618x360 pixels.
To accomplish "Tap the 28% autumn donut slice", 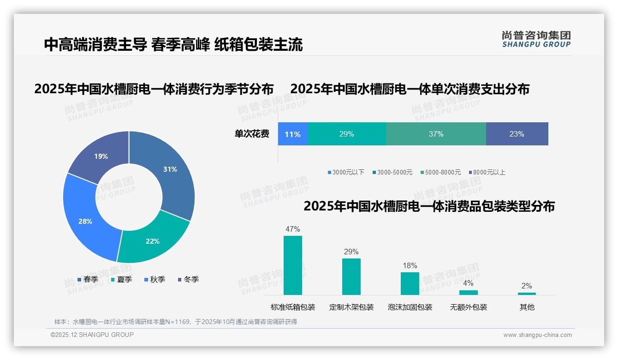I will point(85,221).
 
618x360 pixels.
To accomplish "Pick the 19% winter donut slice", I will point(101,156).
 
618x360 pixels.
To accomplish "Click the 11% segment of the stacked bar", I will point(292,134).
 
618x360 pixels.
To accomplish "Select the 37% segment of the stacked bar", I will point(436,134).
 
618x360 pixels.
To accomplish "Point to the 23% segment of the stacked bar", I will point(517,134).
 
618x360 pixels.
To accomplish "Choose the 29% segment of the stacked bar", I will point(346,134).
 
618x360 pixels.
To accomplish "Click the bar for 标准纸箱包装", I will point(292,265).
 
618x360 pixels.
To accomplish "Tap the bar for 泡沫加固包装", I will point(410,283).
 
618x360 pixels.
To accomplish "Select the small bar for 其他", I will point(527,294).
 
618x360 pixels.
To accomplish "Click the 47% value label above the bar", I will point(292,229).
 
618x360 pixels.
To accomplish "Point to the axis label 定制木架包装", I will point(351,307).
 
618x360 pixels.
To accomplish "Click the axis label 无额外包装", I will point(468,307).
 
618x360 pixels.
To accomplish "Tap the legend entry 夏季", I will point(122,280).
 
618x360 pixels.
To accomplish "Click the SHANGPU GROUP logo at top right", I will point(536,39).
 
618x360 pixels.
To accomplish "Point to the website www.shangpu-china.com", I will point(537,335).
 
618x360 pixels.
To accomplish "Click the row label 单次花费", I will point(252,134).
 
